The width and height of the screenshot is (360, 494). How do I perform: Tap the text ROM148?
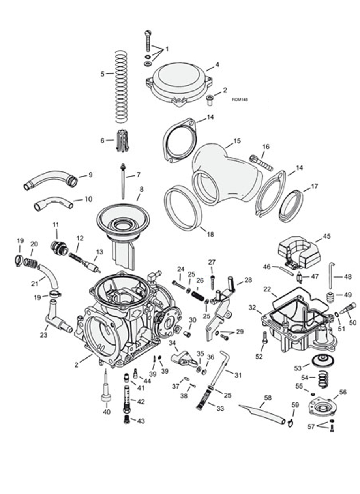[x=240, y=100]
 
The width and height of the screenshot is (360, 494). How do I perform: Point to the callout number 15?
[x=237, y=141]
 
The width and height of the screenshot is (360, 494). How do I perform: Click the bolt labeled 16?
[x=261, y=162]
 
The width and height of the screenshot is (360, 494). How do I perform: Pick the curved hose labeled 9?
[x=51, y=179]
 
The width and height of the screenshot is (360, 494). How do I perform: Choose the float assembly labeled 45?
[x=300, y=253]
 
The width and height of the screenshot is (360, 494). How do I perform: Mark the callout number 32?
[x=252, y=307]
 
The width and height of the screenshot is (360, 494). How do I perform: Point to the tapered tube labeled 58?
[x=262, y=413]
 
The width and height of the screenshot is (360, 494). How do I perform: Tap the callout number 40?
[x=107, y=412]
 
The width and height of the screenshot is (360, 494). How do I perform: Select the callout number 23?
[x=43, y=336]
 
